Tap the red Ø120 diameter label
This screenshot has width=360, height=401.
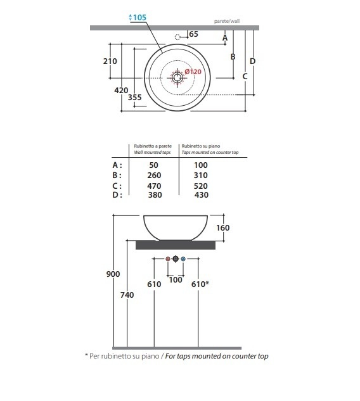point(193,72)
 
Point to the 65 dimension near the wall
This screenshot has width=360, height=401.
point(194,34)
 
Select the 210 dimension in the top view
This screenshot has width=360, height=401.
point(110,61)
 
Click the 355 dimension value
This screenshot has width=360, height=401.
point(134,97)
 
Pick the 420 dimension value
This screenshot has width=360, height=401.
point(121,91)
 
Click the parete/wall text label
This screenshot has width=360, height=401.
point(227,22)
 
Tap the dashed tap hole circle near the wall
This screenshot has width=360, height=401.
point(177,37)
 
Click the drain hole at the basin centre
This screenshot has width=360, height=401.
point(177,77)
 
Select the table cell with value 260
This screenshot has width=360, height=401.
point(154,175)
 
